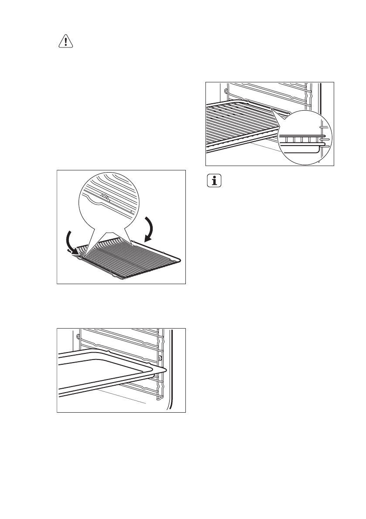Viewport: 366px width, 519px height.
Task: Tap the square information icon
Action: click(x=214, y=181)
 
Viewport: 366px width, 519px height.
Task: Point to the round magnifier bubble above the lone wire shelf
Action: click(x=109, y=205)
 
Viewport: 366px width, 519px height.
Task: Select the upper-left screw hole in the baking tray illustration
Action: click(x=78, y=336)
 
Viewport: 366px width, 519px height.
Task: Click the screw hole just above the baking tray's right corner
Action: click(x=161, y=358)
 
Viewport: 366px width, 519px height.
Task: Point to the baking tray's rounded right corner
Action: click(x=164, y=370)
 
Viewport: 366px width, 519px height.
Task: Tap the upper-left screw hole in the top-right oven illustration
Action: click(x=225, y=92)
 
